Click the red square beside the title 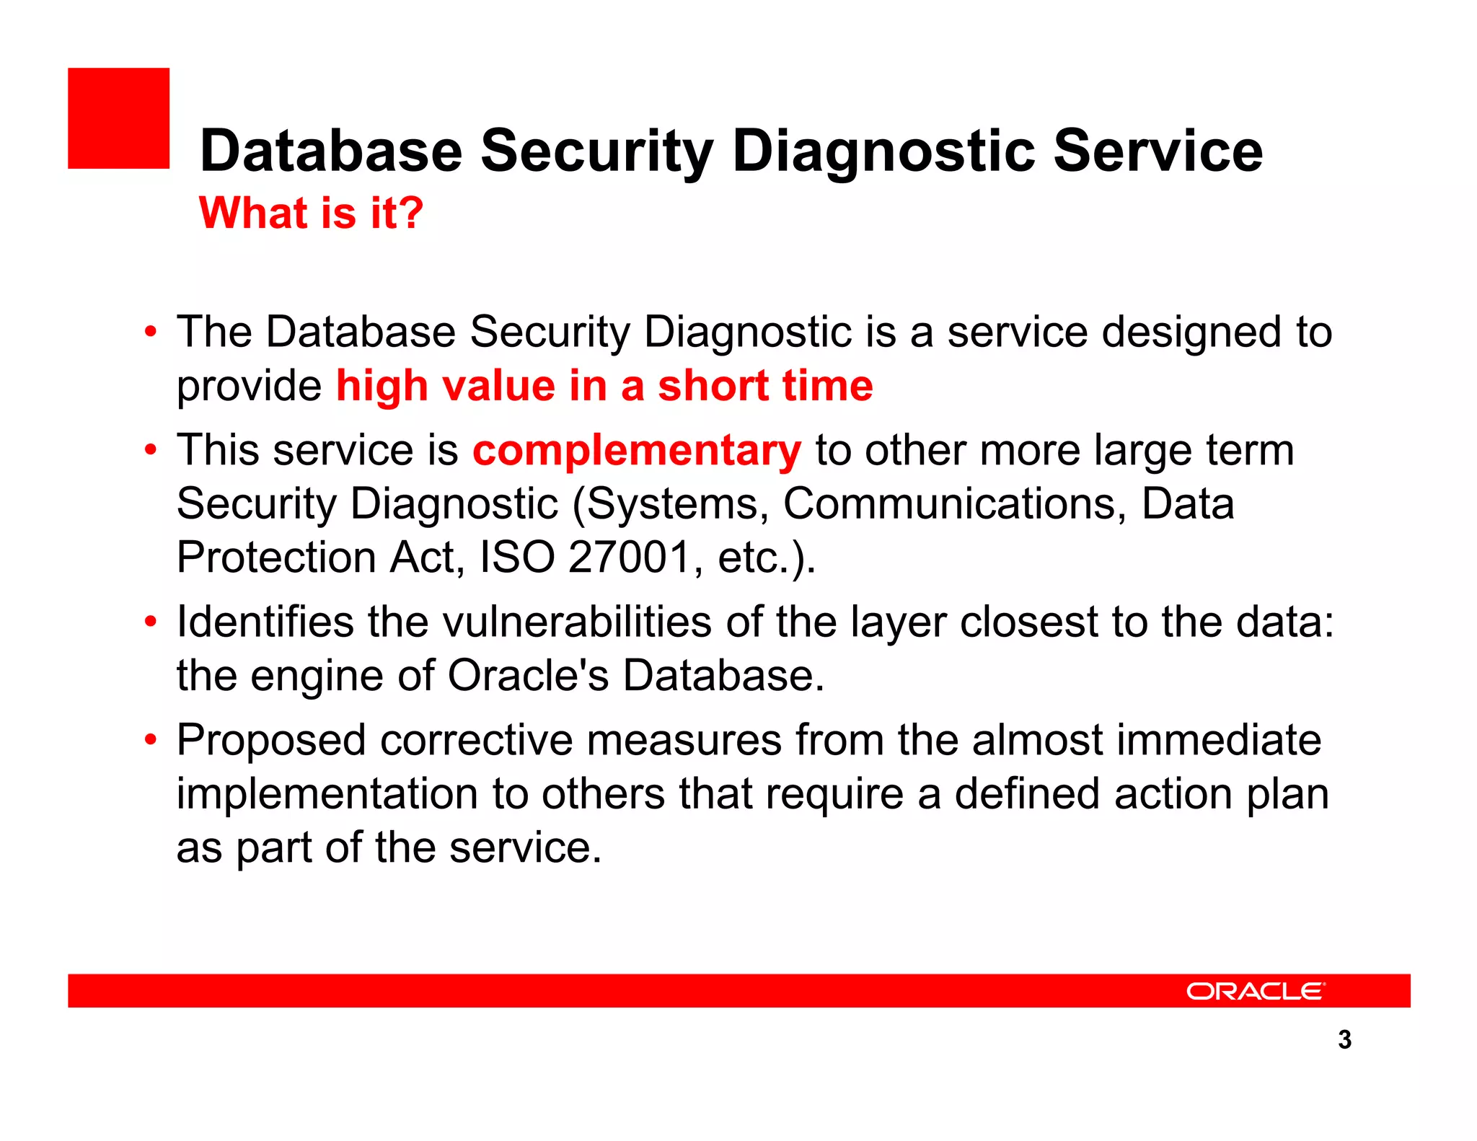pos(118,118)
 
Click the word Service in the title pos(1158,151)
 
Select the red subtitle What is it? pos(311,213)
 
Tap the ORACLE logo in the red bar pos(1255,991)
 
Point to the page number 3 pos(1344,1039)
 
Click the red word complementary pos(636,451)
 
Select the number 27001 pos(630,558)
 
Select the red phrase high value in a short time pos(604,386)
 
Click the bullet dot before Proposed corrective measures pos(150,740)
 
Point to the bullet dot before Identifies pos(150,622)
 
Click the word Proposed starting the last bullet pos(271,741)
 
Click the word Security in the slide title pos(596,151)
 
